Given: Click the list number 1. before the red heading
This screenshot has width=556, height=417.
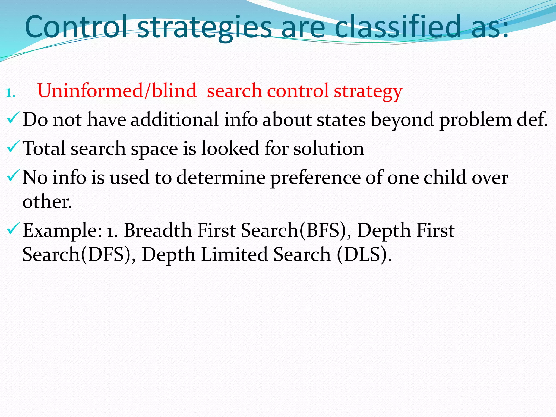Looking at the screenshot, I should point(10,93).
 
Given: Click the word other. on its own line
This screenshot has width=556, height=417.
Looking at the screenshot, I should point(47,202).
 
